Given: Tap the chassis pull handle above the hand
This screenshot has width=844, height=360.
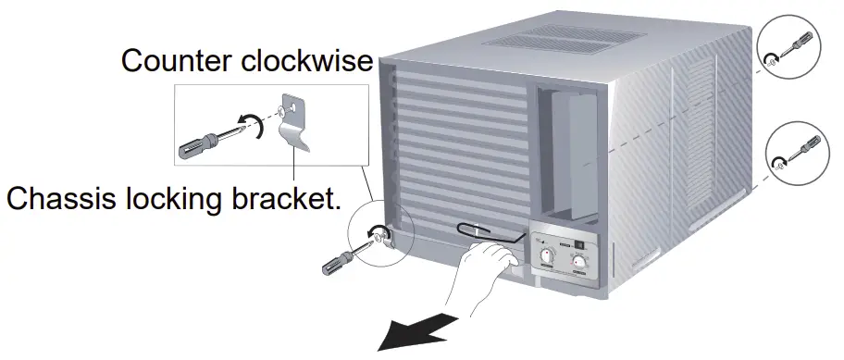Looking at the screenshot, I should pyautogui.click(x=477, y=230).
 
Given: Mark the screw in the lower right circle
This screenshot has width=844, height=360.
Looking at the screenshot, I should pyautogui.click(x=779, y=161).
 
